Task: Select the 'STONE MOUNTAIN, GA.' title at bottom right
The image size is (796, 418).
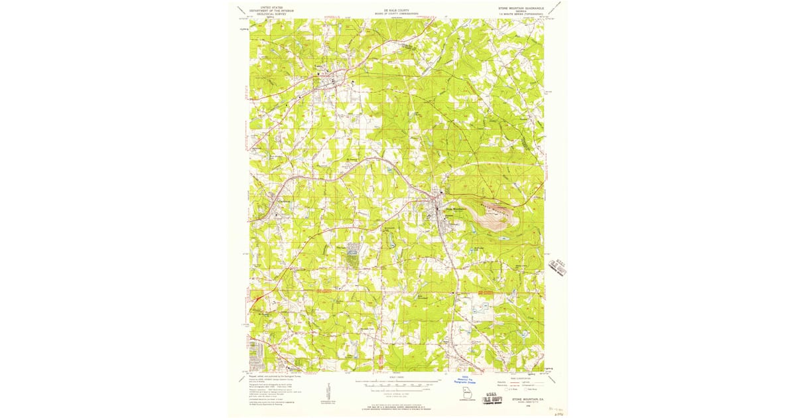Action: [x=528, y=399]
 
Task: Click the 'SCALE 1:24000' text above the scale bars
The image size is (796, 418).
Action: [x=397, y=378]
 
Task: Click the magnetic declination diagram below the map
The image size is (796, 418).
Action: [x=328, y=391]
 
